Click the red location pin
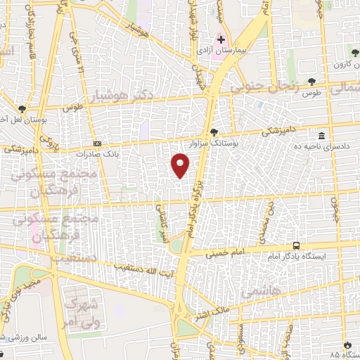pyautogui.click(x=181, y=165)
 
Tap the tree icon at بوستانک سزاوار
pyautogui.click(x=214, y=132)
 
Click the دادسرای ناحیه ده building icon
pyautogui.click(x=321, y=136)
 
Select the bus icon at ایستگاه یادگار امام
pyautogui.click(x=297, y=246)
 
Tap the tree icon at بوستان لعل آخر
pyautogui.click(x=23, y=109)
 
